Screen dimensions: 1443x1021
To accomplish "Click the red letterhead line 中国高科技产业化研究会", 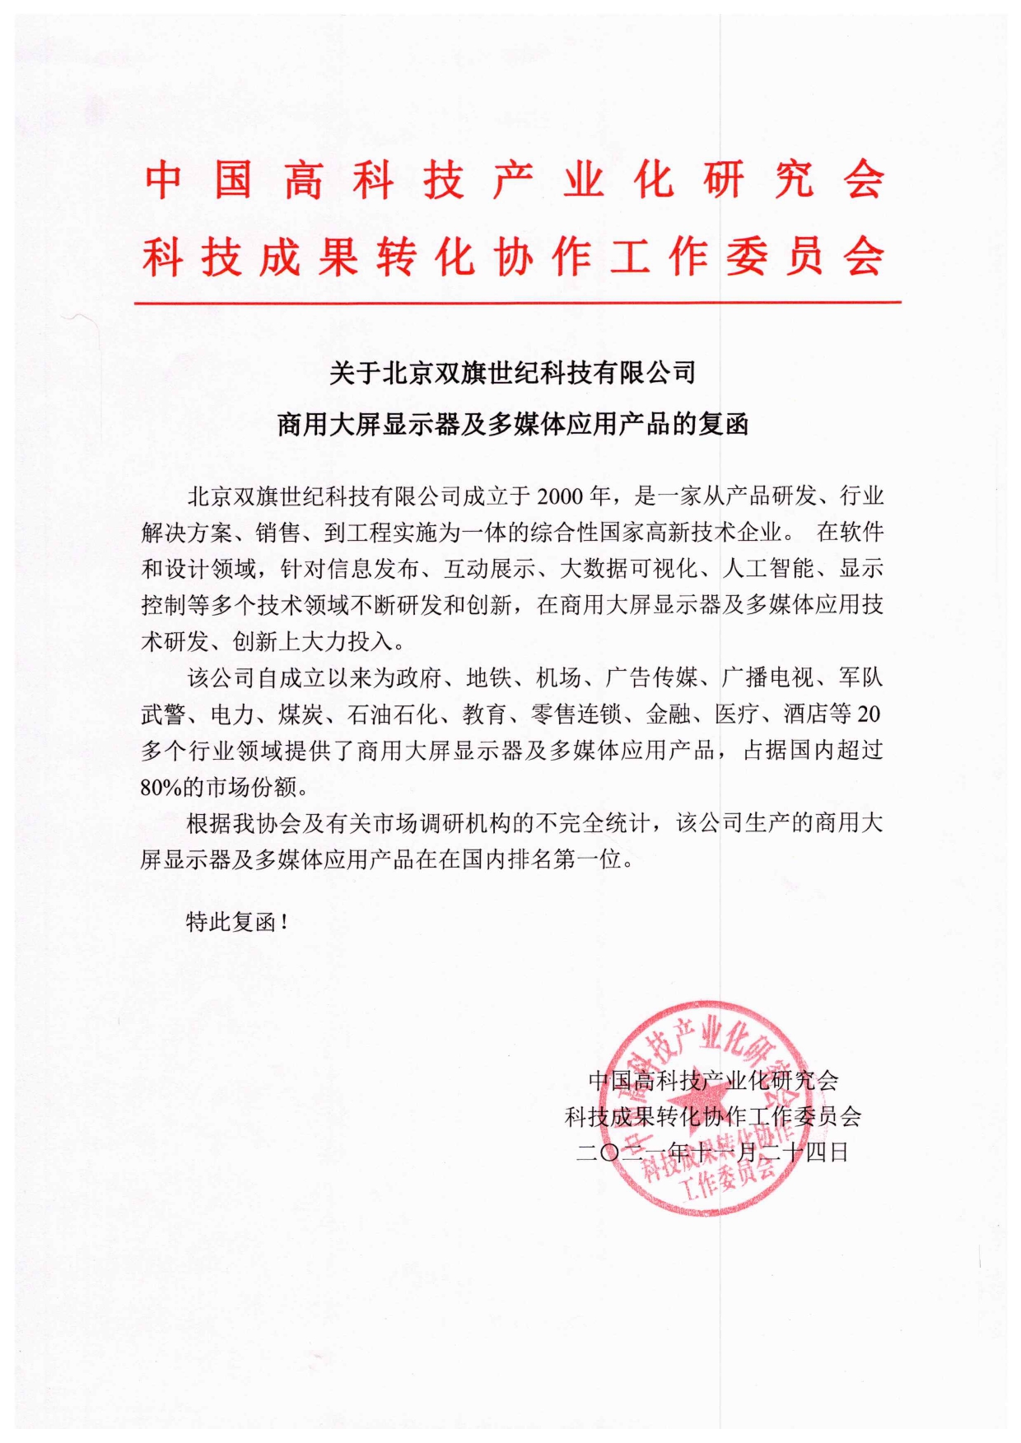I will [515, 180].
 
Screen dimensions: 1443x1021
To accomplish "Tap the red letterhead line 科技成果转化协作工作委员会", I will [515, 257].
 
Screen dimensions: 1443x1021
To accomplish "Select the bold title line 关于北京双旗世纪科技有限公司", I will [512, 373].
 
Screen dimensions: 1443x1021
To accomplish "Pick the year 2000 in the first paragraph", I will [561, 496].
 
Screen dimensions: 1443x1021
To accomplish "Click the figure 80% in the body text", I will [161, 787].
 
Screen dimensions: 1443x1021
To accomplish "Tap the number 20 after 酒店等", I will [868, 714].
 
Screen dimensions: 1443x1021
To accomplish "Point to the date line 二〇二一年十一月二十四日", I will [712, 1152].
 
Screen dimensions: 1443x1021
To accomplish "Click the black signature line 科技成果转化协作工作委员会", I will [713, 1116].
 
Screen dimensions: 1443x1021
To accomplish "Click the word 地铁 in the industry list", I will [488, 677].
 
